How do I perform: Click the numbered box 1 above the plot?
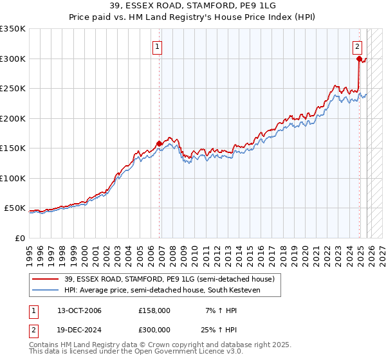[x=157, y=46]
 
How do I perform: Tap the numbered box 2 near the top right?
[x=357, y=46]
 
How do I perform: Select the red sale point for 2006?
[x=159, y=143]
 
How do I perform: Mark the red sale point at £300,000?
[x=359, y=59]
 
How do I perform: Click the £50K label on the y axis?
[x=15, y=208]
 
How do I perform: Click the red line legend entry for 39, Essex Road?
[x=169, y=279]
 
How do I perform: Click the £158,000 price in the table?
[x=154, y=310]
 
